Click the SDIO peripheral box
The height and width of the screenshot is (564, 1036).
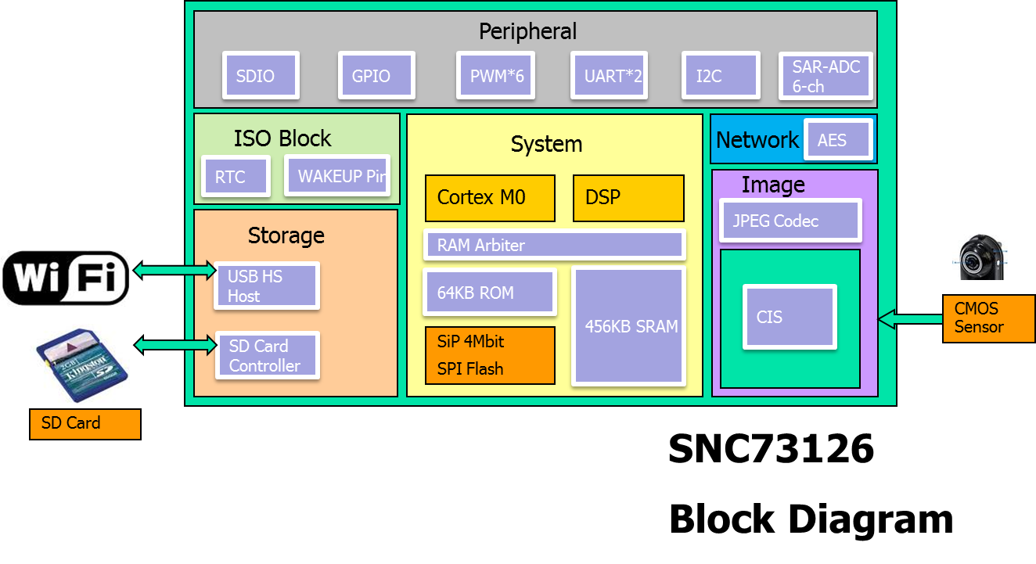261,76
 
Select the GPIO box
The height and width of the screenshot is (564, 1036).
376,76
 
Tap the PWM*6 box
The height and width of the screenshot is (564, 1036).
495,76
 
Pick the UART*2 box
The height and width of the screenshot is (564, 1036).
609,76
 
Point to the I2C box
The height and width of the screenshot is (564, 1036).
720,76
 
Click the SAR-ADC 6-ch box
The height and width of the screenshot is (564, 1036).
826,76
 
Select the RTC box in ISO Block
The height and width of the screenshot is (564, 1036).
236,177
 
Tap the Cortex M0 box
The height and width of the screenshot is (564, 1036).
490,198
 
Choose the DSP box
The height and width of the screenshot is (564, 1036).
628,198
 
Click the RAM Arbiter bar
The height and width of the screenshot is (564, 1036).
554,246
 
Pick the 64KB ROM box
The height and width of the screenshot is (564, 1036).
489,293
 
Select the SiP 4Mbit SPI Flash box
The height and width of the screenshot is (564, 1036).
490,356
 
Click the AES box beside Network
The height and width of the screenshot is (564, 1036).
838,141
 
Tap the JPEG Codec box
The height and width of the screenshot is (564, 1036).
790,221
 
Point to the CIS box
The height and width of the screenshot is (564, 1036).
790,317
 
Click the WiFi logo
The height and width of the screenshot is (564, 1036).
65,278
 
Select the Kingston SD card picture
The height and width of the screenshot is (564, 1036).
79,364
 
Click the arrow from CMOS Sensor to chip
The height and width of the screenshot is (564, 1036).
910,319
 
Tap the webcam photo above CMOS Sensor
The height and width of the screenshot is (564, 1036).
979,256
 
